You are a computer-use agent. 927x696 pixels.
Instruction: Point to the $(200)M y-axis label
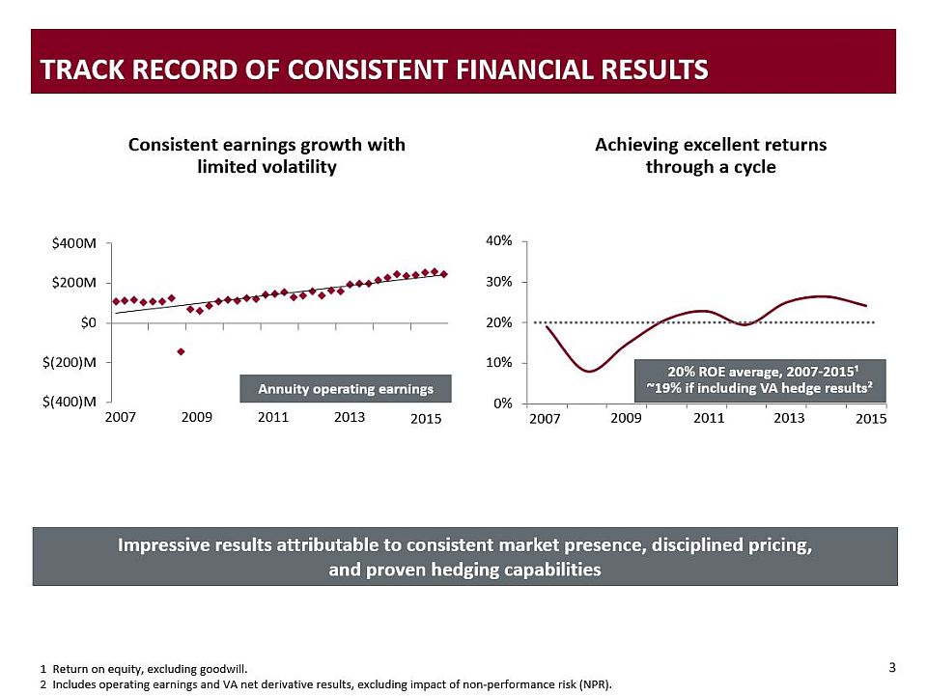[74, 362]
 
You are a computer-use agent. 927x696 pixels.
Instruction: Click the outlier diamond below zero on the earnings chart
[181, 351]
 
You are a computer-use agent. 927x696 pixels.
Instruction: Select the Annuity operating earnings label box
[345, 388]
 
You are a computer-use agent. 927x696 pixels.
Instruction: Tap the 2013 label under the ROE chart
[789, 419]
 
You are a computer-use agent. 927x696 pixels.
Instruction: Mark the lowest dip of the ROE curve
[589, 371]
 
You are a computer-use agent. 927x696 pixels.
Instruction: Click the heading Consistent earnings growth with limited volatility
[267, 155]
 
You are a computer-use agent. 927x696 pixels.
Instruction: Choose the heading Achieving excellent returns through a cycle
[711, 155]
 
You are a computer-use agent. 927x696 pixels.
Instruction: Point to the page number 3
[891, 667]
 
